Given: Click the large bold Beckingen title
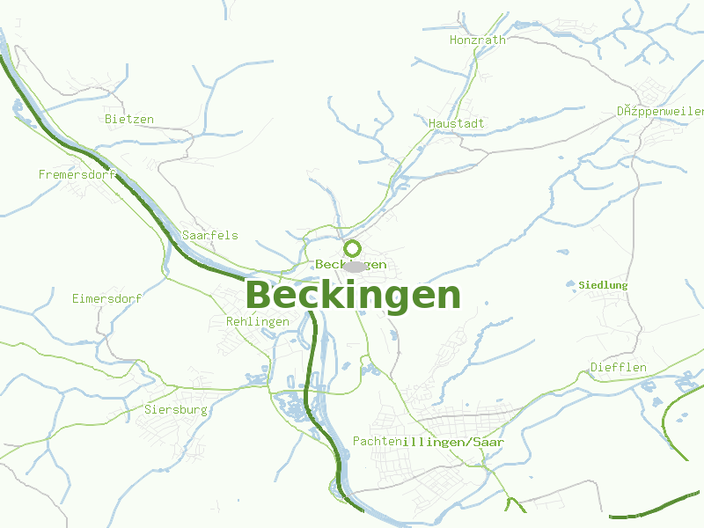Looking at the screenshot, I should (x=353, y=296).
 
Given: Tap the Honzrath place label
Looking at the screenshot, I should (x=478, y=40).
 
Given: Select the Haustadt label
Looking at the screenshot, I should (x=457, y=123).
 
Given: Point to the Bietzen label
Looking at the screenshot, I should (x=129, y=119).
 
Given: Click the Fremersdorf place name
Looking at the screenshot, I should (x=77, y=174).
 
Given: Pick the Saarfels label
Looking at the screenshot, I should (x=209, y=235).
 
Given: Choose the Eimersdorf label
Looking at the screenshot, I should (x=106, y=298).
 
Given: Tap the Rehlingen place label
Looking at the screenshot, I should (x=258, y=321).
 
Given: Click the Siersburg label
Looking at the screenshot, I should (x=175, y=409).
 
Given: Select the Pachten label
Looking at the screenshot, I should (x=377, y=440).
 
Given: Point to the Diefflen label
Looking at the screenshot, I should (x=619, y=367).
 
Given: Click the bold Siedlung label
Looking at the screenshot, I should (x=604, y=285).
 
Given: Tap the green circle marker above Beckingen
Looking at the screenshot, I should (x=353, y=248).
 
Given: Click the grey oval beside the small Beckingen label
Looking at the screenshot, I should (x=355, y=266).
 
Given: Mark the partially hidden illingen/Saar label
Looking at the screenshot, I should (x=453, y=441).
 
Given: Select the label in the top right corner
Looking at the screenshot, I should (x=660, y=112).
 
